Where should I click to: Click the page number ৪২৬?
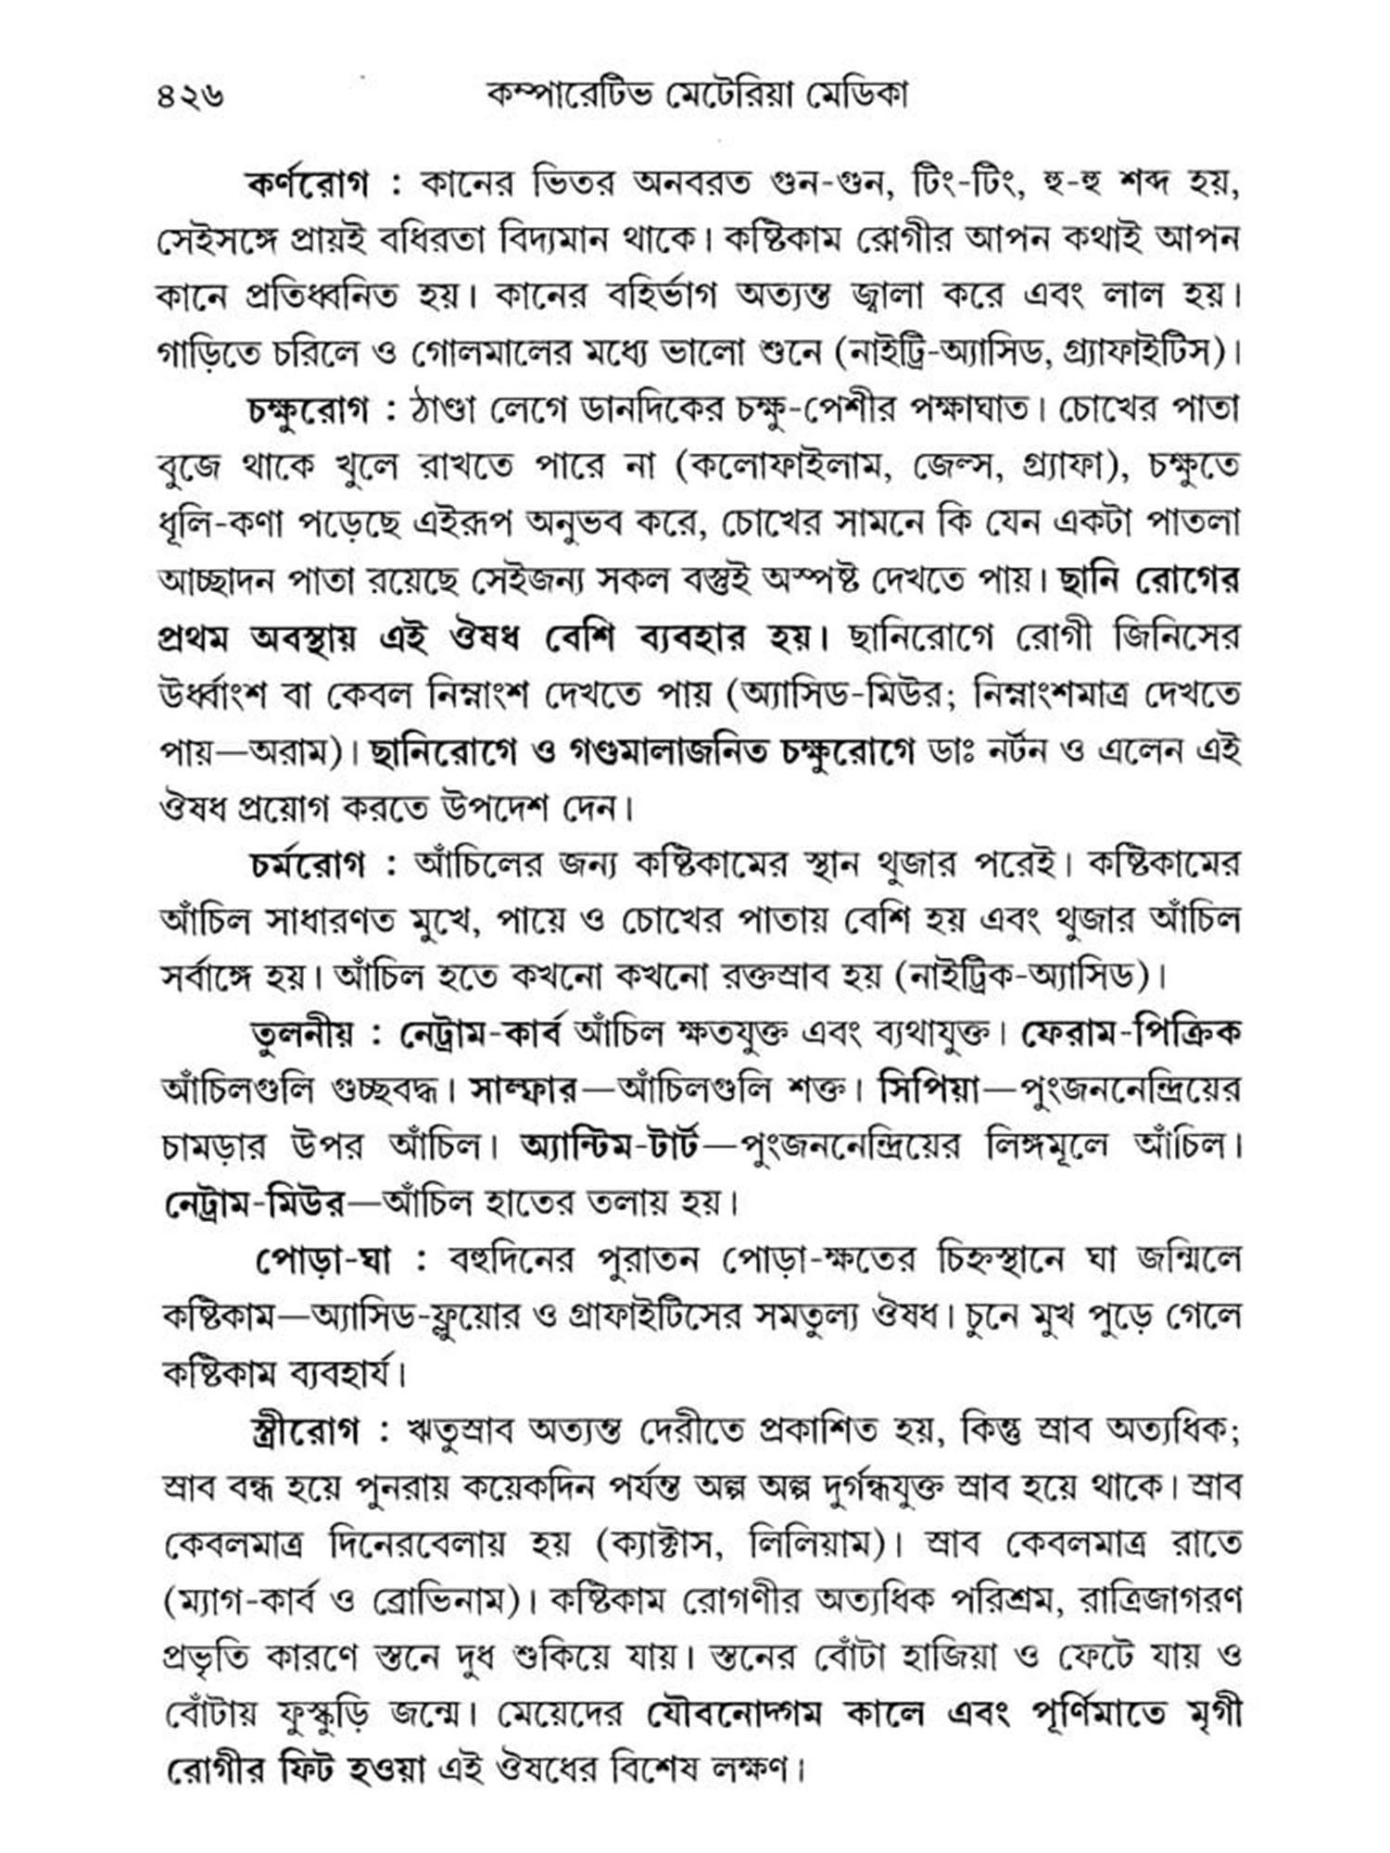tap(191, 95)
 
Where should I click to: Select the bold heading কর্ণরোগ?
tap(307, 184)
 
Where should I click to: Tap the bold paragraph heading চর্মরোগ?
tap(310, 865)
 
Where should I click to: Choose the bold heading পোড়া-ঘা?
tap(323, 1259)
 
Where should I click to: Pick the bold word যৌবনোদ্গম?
tap(737, 1714)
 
